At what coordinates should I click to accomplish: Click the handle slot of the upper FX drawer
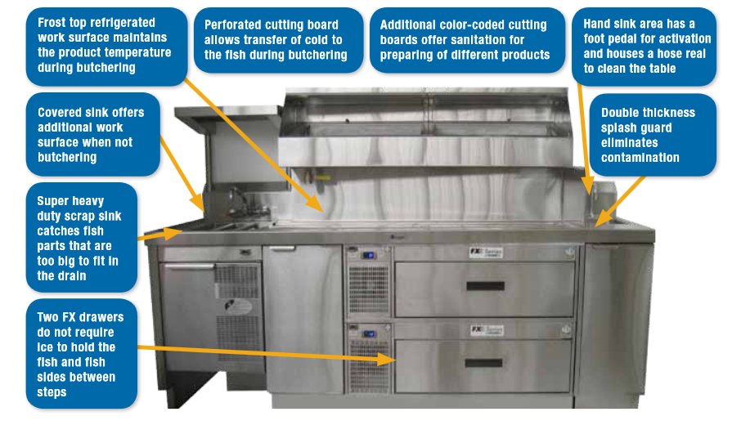pyautogui.click(x=485, y=286)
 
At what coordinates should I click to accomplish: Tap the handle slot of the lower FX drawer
pyautogui.click(x=485, y=363)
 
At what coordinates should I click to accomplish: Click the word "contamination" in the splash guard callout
pyautogui.click(x=640, y=158)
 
